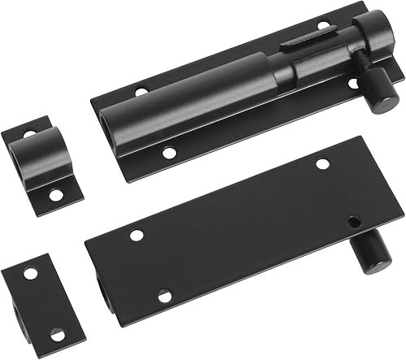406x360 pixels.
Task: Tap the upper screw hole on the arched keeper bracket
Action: pyautogui.click(x=30, y=132)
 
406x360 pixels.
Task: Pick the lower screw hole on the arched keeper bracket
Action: pyautogui.click(x=54, y=194)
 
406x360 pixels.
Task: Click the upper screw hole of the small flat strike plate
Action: pyautogui.click(x=30, y=273)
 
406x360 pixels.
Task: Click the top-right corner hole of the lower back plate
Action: pyautogui.click(x=322, y=164)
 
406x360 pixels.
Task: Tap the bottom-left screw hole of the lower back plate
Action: pyautogui.click(x=164, y=296)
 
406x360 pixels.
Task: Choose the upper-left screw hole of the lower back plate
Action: pyautogui.click(x=136, y=236)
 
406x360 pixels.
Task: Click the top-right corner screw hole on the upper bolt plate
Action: pyautogui.click(x=324, y=26)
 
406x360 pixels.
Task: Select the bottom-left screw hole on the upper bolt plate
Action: pyautogui.click(x=167, y=152)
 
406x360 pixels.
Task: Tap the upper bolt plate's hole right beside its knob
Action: pyautogui.click(x=353, y=83)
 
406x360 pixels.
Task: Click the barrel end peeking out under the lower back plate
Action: pyautogui.click(x=101, y=288)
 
